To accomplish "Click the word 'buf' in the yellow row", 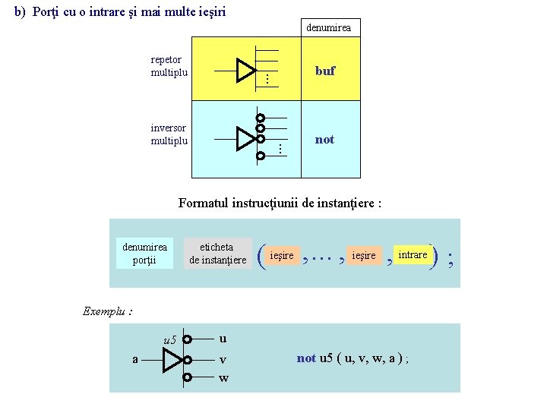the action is coord(324,71).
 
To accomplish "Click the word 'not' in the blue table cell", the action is coord(324,140).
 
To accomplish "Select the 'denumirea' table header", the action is coord(328,28).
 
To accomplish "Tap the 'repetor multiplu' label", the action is coord(169,66).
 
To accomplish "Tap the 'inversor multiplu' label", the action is coord(169,134).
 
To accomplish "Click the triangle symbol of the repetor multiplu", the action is coord(245,70).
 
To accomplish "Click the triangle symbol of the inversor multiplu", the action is coord(245,139).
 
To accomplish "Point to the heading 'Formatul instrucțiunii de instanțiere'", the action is coord(280,203).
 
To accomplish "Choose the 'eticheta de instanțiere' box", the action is coord(217,253).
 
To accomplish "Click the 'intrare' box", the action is coord(413,255).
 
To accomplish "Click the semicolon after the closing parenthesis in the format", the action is coord(452,259).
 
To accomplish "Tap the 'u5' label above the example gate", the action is coord(170,339).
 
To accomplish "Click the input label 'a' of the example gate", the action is coord(135,359).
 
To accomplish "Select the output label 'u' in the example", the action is coord(222,339).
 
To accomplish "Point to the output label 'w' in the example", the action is coord(223,377).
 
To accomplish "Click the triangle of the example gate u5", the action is coord(172,359).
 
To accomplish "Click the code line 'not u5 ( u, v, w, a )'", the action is coord(353,358).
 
